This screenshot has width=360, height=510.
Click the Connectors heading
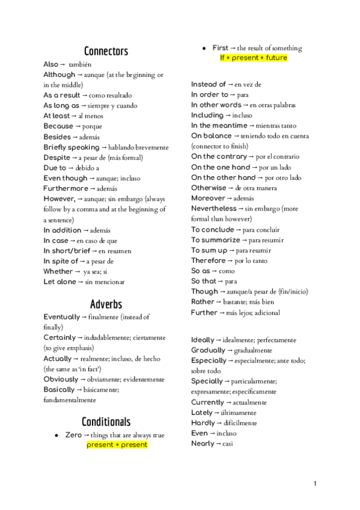click(106, 51)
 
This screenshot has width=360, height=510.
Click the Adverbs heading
click(106, 303)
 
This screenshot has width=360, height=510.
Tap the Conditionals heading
click(106, 421)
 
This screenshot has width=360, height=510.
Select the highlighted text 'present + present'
click(117, 445)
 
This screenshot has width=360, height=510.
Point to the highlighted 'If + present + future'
click(253, 58)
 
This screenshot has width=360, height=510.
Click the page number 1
click(315, 483)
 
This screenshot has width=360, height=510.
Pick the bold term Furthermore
click(66, 188)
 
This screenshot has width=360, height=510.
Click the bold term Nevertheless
click(214, 209)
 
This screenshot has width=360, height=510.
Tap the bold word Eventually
click(61, 316)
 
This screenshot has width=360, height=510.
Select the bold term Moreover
click(208, 198)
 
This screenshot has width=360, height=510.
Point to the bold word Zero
click(73, 435)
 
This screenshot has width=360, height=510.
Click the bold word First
click(221, 48)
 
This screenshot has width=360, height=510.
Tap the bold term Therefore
click(209, 260)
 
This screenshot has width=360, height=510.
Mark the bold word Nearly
click(203, 443)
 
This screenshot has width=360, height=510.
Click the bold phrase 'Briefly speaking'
click(72, 147)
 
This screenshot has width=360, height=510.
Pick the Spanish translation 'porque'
click(93, 126)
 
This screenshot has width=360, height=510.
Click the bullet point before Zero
click(56, 435)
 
